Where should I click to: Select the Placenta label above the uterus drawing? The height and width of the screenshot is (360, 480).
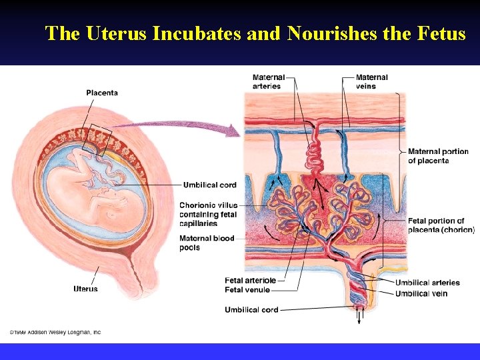pos(102,93)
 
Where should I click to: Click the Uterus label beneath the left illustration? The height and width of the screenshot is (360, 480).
pos(85,289)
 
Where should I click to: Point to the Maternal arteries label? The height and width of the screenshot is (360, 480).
pos(268,81)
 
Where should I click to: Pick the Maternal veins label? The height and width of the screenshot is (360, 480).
pos(371,81)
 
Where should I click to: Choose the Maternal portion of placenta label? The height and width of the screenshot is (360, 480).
pos(438,156)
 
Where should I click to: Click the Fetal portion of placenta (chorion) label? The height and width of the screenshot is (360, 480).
pos(441,225)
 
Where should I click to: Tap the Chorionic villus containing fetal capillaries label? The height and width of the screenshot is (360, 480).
pos(208,214)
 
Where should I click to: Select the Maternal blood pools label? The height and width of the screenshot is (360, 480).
pos(207,243)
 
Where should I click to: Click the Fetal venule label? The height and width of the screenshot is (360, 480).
pos(247,290)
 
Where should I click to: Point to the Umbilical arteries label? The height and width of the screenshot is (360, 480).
pos(427,283)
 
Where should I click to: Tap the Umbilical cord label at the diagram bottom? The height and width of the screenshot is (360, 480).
pos(251,310)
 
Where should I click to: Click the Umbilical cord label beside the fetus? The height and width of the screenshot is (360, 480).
pos(209,185)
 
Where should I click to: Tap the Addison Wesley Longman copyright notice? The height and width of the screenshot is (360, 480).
pos(55,332)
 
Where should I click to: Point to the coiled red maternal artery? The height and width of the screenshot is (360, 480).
pos(313,157)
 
